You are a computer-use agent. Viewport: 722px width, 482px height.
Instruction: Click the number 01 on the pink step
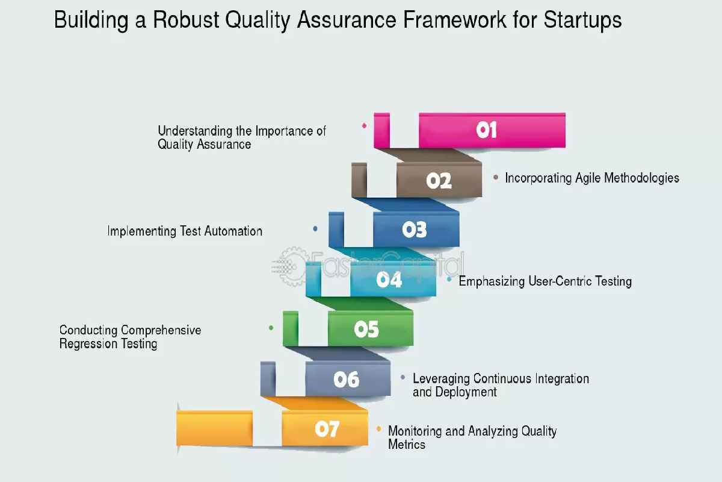(x=486, y=130)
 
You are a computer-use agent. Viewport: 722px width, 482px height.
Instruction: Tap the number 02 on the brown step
(x=439, y=181)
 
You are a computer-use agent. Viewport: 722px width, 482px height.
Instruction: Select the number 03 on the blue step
(x=415, y=230)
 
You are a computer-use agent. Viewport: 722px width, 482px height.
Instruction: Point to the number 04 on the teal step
(x=389, y=280)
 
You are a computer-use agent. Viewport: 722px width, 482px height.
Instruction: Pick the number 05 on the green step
(x=366, y=330)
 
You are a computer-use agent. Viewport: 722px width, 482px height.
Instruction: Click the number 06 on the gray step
(x=346, y=380)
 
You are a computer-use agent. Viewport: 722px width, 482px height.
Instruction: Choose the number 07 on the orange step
(x=327, y=429)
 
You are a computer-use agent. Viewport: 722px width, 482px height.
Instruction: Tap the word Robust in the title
(x=186, y=20)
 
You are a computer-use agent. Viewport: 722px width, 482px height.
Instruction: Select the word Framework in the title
(x=455, y=20)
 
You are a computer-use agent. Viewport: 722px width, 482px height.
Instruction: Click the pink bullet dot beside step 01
(x=364, y=125)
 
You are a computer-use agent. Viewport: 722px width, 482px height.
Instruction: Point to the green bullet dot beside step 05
(x=271, y=328)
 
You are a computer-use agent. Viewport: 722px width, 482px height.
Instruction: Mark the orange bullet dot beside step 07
(x=378, y=429)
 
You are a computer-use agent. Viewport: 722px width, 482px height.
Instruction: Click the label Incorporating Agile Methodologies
(x=592, y=178)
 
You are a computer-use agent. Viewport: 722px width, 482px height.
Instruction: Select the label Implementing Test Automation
(x=185, y=231)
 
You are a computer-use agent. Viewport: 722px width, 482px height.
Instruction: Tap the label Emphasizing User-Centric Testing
(x=545, y=281)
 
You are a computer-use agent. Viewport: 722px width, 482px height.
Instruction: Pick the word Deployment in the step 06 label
(x=466, y=392)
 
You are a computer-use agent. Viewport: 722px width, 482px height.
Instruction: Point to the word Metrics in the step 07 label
(x=407, y=445)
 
